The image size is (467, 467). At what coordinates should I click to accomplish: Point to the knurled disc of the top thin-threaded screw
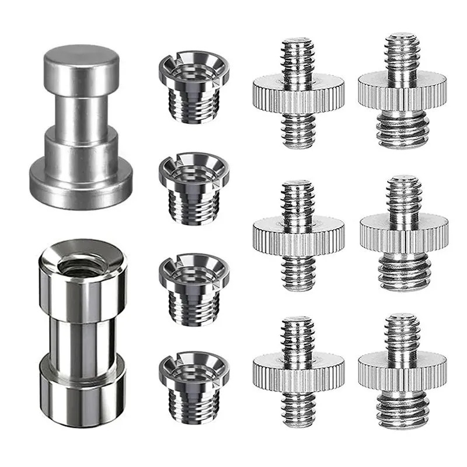[x=298, y=93]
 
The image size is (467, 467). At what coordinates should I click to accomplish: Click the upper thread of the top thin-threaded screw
[x=298, y=58]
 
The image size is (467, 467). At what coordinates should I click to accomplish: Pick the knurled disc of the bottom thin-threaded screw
[x=298, y=366]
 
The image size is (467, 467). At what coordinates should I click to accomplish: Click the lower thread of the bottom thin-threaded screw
[x=298, y=403]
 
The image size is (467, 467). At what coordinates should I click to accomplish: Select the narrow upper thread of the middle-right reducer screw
[x=403, y=196]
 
